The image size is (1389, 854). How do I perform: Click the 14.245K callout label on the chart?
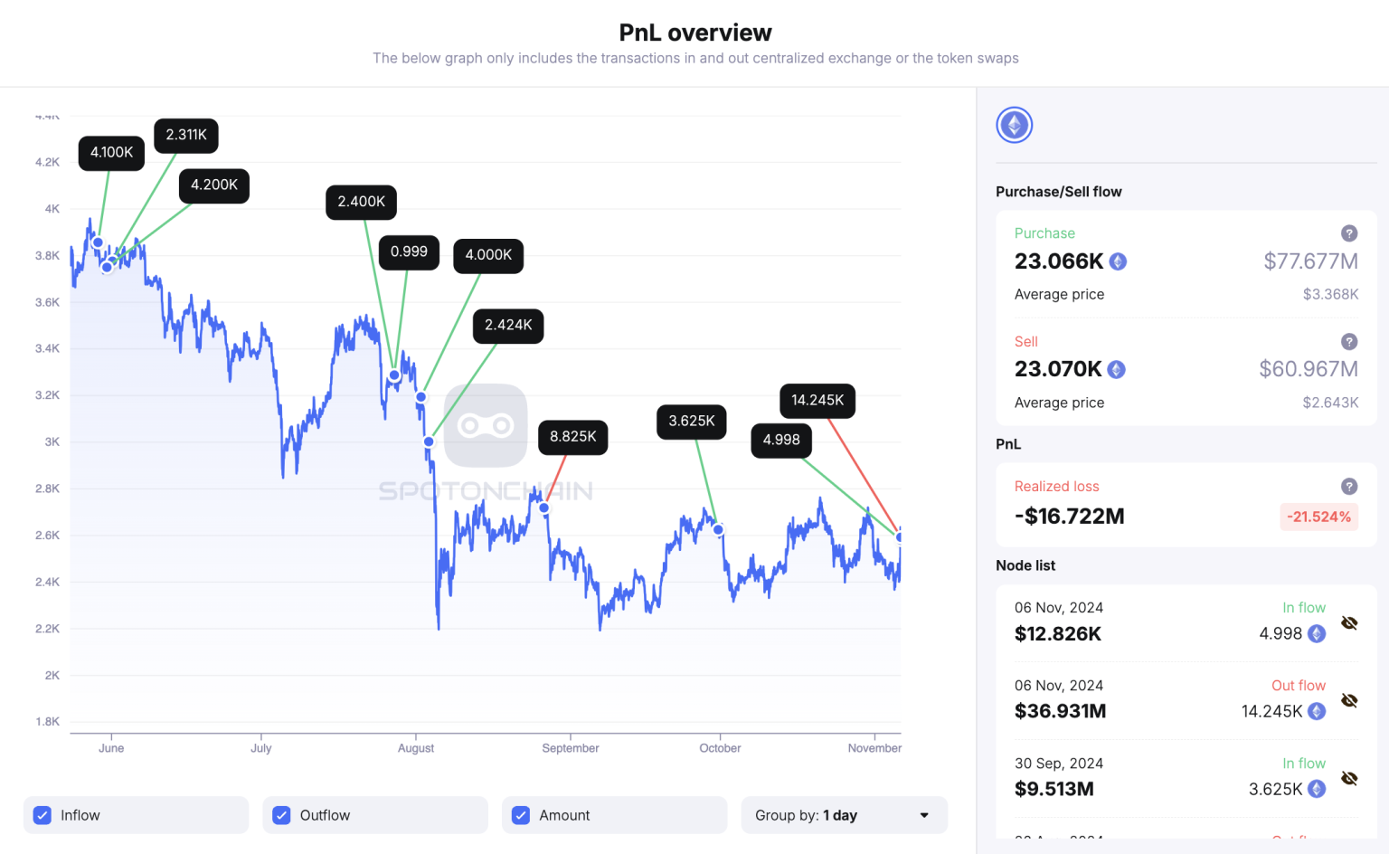point(817,401)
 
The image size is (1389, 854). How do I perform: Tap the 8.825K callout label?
point(572,437)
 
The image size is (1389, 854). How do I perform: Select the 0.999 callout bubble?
point(409,252)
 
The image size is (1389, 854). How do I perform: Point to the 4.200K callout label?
point(213,185)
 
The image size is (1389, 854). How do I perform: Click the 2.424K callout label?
point(507,326)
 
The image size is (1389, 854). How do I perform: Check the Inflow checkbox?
point(43,815)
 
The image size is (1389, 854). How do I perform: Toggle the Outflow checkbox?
point(282,815)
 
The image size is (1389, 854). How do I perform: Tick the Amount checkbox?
point(521,815)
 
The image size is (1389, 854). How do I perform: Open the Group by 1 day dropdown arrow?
point(924,815)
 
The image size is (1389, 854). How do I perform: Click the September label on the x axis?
point(570,748)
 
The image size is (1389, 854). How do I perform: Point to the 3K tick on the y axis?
point(52,442)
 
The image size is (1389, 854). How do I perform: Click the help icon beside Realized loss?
point(1348,487)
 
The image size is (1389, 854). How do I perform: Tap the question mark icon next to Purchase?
point(1348,233)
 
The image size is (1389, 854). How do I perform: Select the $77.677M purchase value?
point(1310,261)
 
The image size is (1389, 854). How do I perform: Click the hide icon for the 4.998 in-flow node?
point(1349,623)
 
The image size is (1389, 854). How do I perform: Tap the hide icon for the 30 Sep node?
point(1349,779)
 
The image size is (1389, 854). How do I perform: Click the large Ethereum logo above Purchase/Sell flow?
point(1015,125)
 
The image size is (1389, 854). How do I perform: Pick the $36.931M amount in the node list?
point(1060,711)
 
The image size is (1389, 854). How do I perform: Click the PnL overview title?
point(694,33)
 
